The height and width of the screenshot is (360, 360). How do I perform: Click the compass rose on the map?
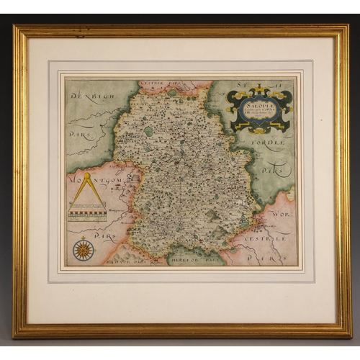coord(83,250)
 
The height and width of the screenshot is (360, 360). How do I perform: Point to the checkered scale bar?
coord(87,215)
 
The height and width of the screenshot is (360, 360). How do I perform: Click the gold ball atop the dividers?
coord(87,174)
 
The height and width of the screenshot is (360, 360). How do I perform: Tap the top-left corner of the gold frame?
coord(14,27)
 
